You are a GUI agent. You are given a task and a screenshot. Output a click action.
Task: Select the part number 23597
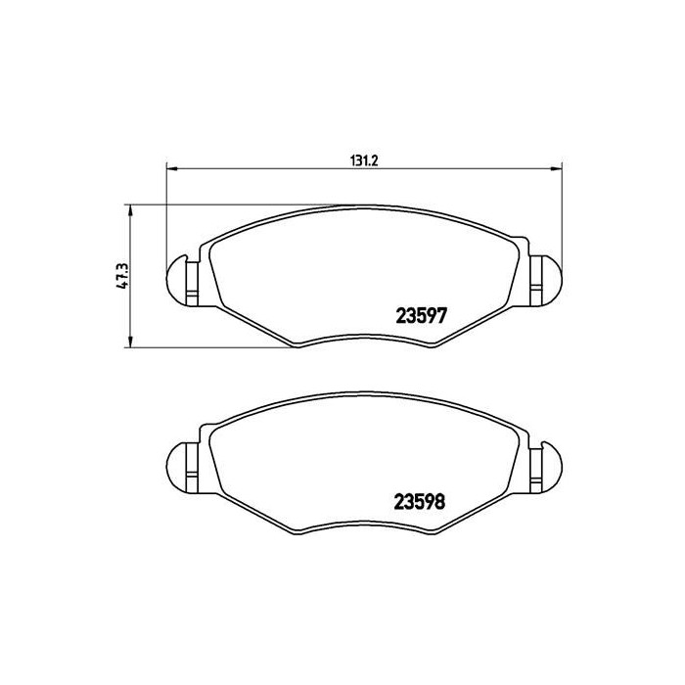[421, 317]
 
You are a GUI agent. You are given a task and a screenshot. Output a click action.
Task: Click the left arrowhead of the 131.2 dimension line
[173, 166]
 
